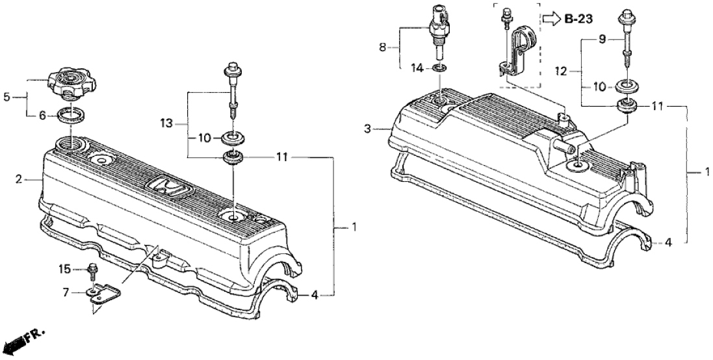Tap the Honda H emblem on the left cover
(172, 188)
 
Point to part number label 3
(368, 130)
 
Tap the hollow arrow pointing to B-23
(551, 19)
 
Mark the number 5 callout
(7, 97)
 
